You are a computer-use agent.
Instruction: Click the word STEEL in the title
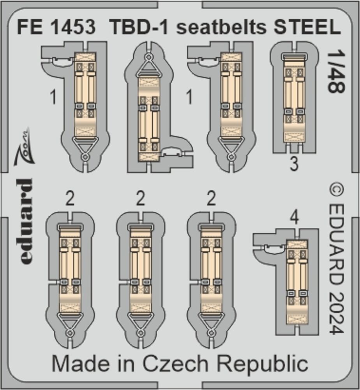pyautogui.click(x=307, y=27)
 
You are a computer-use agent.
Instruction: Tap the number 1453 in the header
pyautogui.click(x=74, y=27)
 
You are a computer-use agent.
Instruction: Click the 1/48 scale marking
pyautogui.click(x=336, y=72)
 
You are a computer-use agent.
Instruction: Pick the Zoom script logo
pyautogui.click(x=23, y=147)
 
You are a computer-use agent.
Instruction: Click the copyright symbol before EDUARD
pyautogui.click(x=336, y=191)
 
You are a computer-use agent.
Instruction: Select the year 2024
pyautogui.click(x=336, y=313)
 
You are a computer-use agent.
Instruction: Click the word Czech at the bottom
pyautogui.click(x=175, y=364)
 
